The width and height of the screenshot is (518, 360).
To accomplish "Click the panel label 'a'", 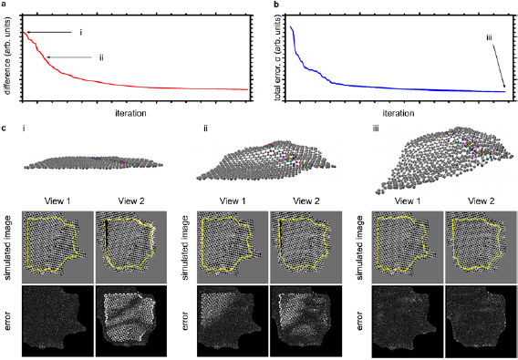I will [x=4, y=5].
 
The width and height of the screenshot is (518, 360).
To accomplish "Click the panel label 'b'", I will [x=265, y=5].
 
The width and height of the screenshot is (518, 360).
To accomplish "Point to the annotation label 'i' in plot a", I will [x=80, y=32].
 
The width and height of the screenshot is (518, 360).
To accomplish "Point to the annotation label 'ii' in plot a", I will [x=101, y=57].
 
